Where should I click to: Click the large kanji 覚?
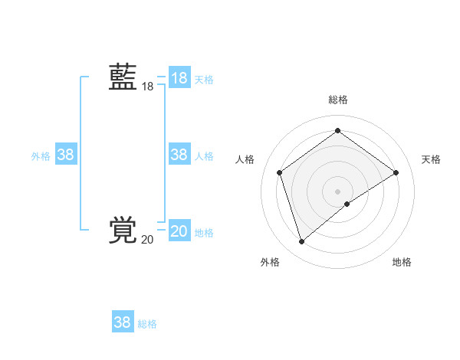tap(123, 230)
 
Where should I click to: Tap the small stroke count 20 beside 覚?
tap(147, 240)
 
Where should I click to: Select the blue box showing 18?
tap(179, 78)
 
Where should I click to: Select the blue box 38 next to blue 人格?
tap(179, 155)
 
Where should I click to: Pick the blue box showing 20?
tap(179, 231)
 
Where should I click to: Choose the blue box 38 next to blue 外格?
tap(66, 155)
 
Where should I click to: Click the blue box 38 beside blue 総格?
tap(123, 322)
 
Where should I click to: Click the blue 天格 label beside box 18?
tap(204, 79)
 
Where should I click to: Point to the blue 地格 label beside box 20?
tap(204, 233)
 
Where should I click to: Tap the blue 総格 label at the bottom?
tap(147, 324)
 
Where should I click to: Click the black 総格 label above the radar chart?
tap(337, 100)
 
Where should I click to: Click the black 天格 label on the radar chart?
tap(431, 159)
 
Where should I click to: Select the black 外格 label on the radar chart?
tap(270, 262)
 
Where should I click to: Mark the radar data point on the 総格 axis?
tap(337, 131)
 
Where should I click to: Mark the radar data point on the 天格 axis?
tap(396, 172)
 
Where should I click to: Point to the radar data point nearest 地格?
tap(347, 204)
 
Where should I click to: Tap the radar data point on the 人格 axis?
tap(280, 172)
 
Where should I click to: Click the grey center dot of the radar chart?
tap(337, 191)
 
